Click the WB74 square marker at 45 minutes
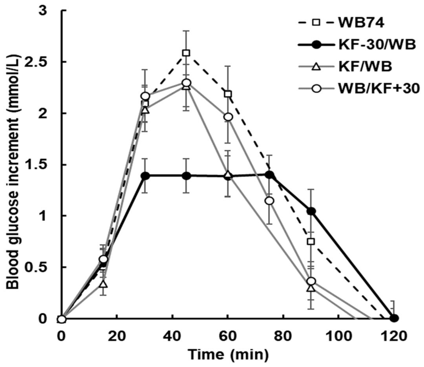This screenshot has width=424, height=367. pyautogui.click(x=186, y=53)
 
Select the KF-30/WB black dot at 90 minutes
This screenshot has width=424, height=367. pyautogui.click(x=311, y=211)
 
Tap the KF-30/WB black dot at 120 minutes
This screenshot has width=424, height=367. pyautogui.click(x=395, y=318)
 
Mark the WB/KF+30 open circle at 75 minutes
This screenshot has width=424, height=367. pyautogui.click(x=270, y=201)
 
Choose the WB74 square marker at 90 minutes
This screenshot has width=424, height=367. pyautogui.click(x=311, y=242)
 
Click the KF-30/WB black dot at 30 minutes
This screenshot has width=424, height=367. pyautogui.click(x=145, y=176)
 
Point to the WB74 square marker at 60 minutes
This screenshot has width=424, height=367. pyautogui.click(x=228, y=94)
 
